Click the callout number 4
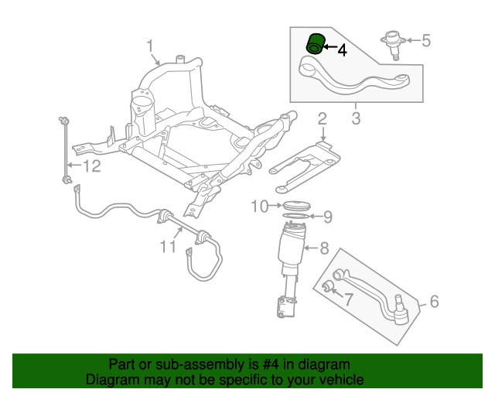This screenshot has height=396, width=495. click(x=342, y=49)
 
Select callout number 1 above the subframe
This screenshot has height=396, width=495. click(x=152, y=47)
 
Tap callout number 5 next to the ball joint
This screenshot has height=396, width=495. click(x=425, y=40)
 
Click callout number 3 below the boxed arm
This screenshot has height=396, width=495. click(x=356, y=118)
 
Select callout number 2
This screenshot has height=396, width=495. click(x=322, y=118)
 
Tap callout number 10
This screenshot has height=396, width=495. click(x=259, y=206)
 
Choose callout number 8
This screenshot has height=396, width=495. click(x=324, y=248)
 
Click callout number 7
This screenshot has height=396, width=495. click(x=349, y=299)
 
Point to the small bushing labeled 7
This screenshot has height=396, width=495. click(x=327, y=288)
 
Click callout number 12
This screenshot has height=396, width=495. click(x=91, y=166)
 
